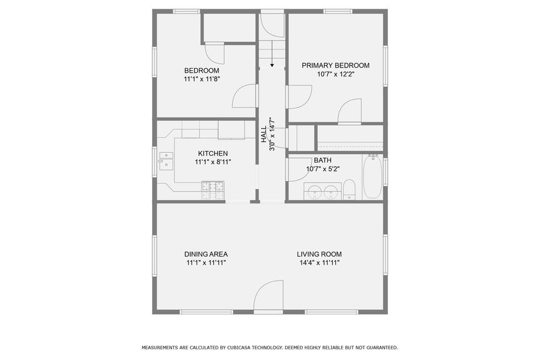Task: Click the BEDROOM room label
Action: tap(201, 70)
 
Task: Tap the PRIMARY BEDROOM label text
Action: tap(335, 65)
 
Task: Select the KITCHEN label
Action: tap(213, 153)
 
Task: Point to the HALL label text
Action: tap(264, 134)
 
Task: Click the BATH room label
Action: tap(322, 160)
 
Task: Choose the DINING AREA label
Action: tap(206, 254)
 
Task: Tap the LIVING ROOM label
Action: tap(319, 254)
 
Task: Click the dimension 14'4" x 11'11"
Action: tap(319, 263)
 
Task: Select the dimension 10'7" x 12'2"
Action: tap(335, 74)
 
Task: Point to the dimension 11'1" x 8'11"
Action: tap(213, 162)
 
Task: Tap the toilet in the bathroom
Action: tap(349, 190)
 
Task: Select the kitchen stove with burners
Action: tap(213, 190)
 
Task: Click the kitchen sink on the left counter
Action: tap(166, 160)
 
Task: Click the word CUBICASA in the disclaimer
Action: tap(237, 347)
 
